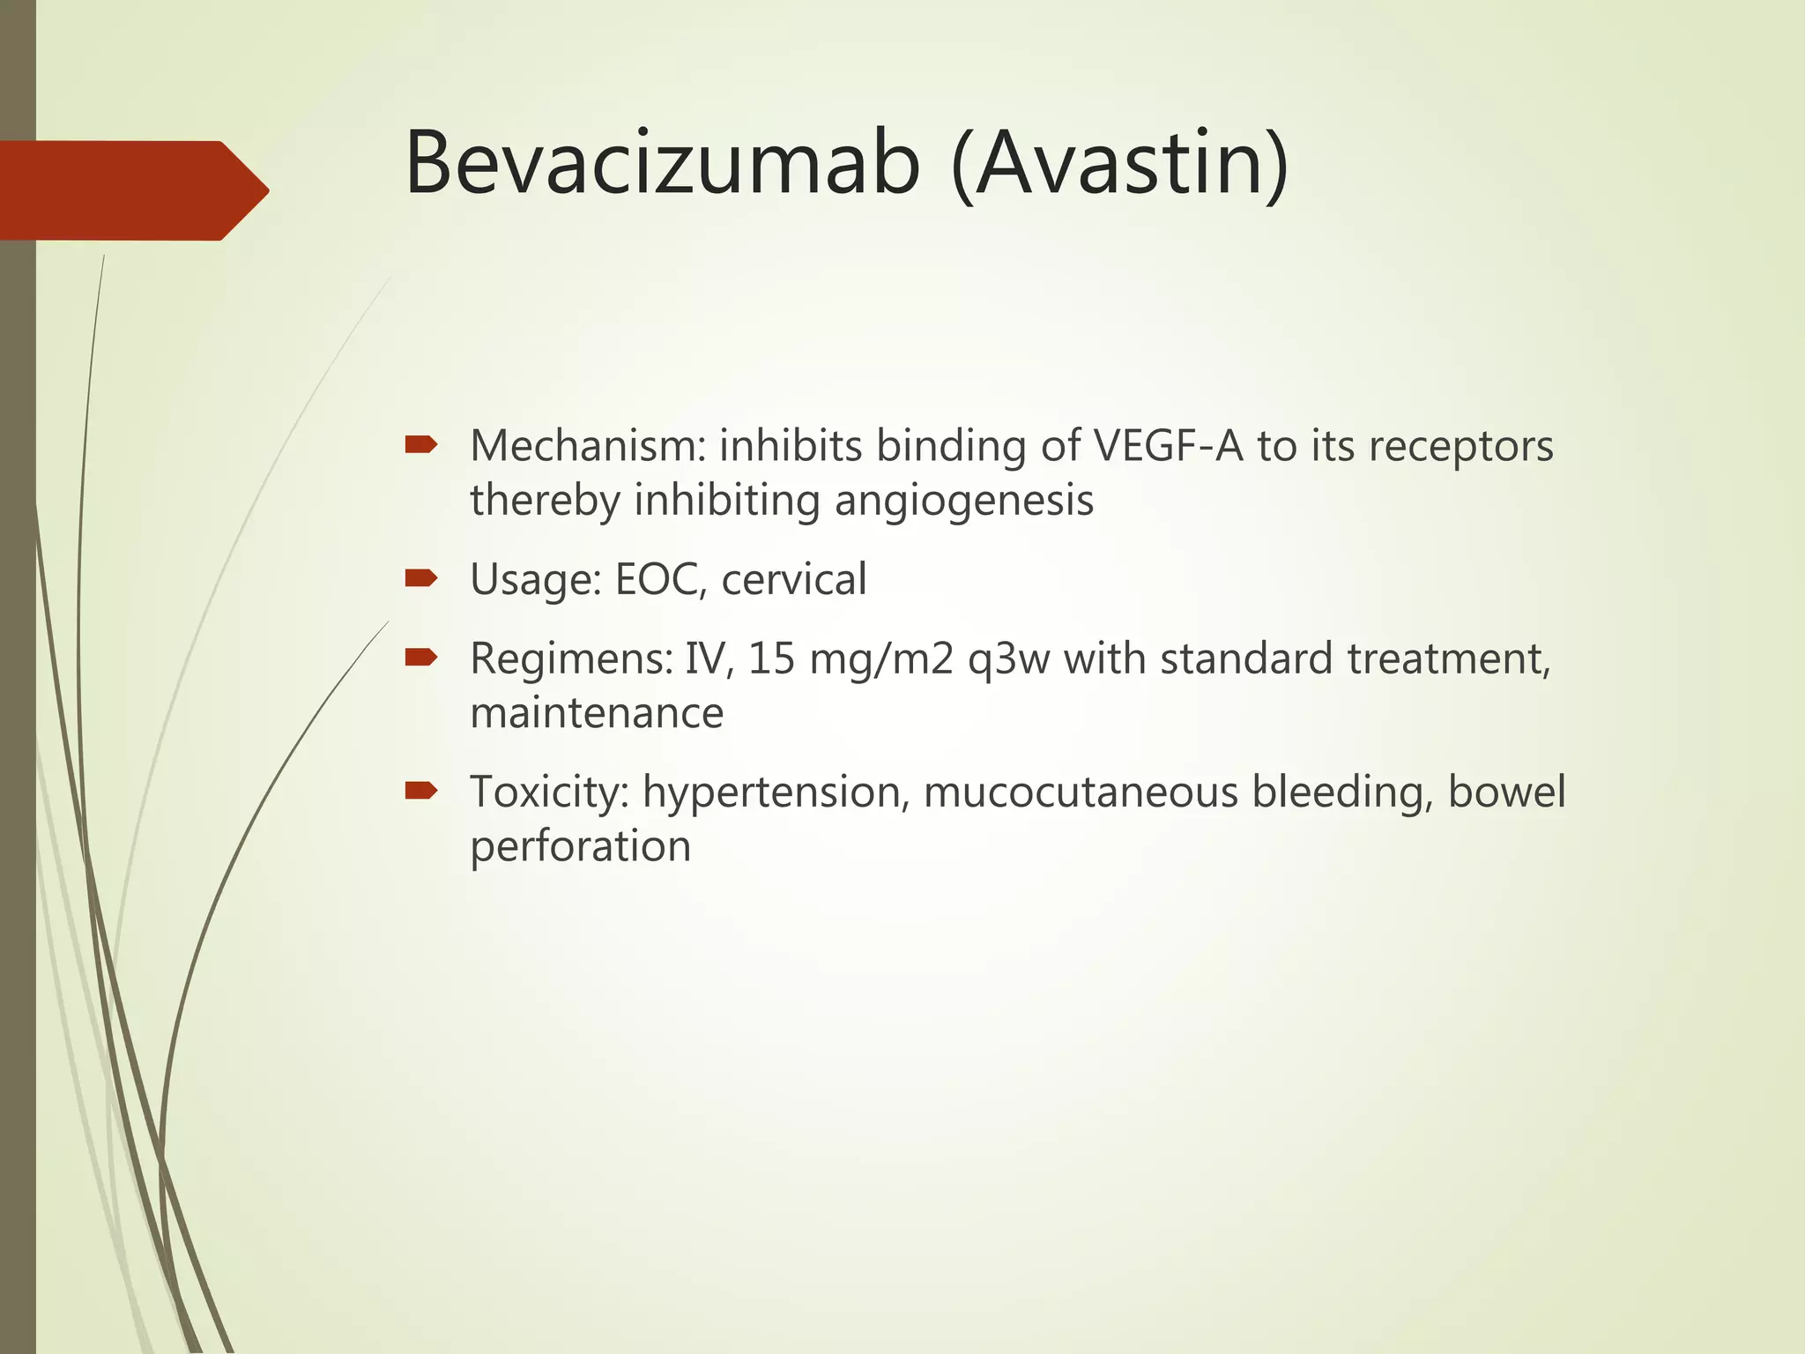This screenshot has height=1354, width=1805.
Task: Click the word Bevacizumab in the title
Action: (661, 164)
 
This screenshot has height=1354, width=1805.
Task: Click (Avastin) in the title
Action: (1120, 164)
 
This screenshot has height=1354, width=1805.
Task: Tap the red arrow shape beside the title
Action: (132, 190)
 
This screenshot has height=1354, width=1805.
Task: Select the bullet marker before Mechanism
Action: (420, 445)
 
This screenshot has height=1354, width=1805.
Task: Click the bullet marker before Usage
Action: (420, 578)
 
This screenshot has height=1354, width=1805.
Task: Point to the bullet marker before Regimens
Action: (420, 658)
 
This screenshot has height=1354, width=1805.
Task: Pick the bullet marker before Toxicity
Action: (420, 791)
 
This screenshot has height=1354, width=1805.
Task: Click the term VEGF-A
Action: (1167, 445)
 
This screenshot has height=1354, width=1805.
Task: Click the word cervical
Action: (793, 580)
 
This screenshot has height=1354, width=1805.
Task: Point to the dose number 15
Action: (771, 659)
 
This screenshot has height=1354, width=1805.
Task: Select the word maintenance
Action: (597, 713)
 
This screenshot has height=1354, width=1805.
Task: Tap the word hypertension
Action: (775, 792)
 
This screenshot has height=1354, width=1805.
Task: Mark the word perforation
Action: (580, 847)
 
